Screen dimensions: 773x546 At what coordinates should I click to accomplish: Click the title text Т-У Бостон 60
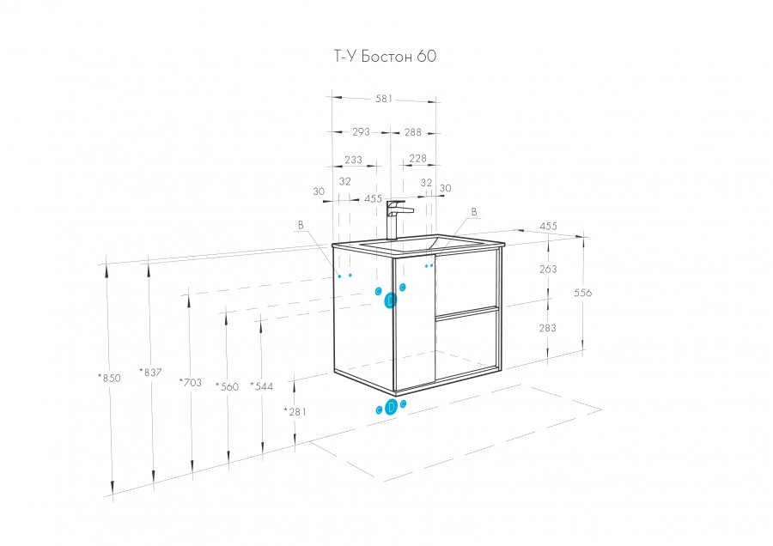click(385, 56)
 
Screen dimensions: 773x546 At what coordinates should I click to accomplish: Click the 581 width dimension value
click(384, 99)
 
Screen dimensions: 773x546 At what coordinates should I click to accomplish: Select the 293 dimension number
click(361, 132)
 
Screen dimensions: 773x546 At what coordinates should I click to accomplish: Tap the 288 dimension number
click(412, 132)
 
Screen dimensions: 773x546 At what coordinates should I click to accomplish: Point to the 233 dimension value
click(353, 160)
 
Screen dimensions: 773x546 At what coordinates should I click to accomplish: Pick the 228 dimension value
click(417, 158)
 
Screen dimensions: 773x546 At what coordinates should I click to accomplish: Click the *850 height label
click(109, 378)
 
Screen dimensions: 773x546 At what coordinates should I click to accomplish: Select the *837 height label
click(150, 373)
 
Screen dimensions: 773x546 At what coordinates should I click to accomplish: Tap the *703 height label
click(191, 382)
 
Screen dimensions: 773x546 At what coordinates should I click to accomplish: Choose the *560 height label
click(227, 387)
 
